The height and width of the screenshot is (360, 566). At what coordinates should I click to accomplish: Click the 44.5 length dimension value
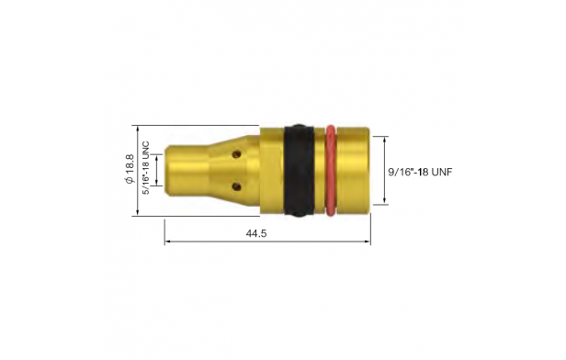256,233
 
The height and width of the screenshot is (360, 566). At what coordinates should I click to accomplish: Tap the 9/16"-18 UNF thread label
420,172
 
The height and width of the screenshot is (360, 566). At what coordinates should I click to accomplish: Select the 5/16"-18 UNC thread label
145,168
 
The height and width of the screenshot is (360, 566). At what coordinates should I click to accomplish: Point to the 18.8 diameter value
130,163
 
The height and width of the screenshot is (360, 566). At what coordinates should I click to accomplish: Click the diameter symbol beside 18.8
130,180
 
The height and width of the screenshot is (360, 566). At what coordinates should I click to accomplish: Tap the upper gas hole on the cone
236,154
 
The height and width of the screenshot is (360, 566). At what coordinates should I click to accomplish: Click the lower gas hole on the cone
236,186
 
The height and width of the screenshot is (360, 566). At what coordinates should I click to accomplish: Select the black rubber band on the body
299,171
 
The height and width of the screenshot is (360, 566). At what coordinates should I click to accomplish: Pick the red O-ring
331,171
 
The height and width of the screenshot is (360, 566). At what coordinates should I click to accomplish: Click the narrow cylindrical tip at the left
187,171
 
